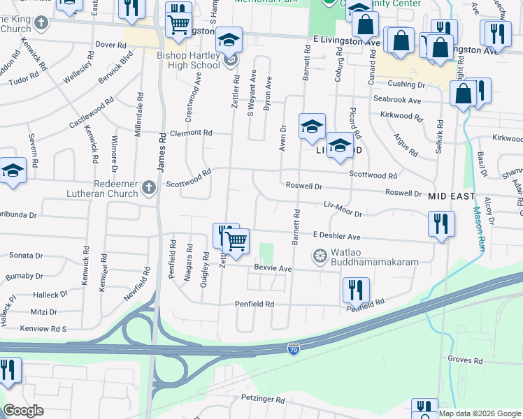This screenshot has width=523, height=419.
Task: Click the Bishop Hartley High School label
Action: (190, 60)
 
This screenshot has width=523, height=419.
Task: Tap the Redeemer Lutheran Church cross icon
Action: (148, 186)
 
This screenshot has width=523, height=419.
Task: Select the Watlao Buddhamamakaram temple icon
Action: (320, 256)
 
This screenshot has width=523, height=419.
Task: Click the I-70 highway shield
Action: (294, 347)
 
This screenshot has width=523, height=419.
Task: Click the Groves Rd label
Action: (465, 361)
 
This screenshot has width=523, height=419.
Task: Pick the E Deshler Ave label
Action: (336, 236)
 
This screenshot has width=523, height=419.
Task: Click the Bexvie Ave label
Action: (273, 268)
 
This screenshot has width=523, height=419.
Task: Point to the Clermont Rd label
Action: (189, 132)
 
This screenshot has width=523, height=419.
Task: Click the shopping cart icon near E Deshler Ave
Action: (236, 241)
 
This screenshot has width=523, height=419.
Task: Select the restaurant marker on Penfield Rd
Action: (356, 290)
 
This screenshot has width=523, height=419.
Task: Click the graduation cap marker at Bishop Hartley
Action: (228, 41)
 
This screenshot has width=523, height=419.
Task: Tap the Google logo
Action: (23, 410)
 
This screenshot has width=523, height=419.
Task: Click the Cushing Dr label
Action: (406, 84)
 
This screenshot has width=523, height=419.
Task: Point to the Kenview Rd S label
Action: (43, 328)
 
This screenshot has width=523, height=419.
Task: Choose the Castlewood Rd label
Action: (91, 115)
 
